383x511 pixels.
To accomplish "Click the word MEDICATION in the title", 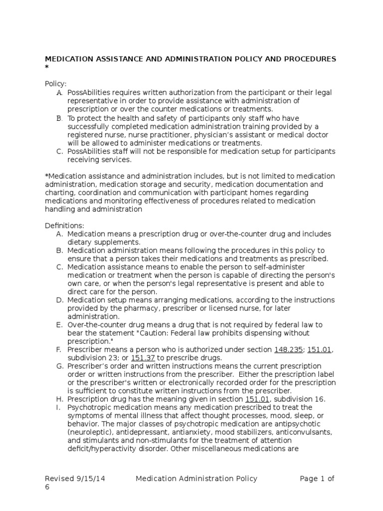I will pos(69,59).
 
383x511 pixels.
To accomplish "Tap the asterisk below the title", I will pos(47,68).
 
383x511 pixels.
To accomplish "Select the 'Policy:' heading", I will pos(55,84).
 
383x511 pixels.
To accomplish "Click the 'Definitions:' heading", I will pos(65,226).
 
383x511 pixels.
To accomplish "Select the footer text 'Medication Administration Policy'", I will pos(196,479).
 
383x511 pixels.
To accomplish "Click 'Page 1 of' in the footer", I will pos(317,479).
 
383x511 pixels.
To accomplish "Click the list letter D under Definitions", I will pos(59,300).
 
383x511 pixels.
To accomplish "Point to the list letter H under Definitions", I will pos(59,399).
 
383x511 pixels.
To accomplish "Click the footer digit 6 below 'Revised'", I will pos(47,487).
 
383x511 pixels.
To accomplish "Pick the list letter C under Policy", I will pos(59,151).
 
